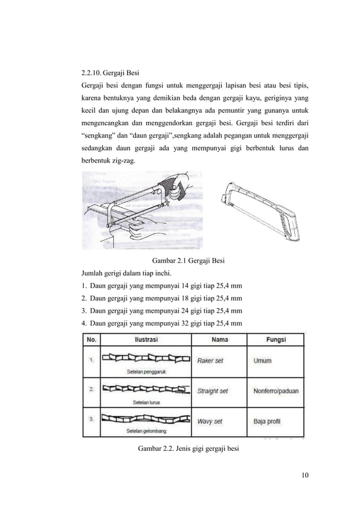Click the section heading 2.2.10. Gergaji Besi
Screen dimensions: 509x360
(x=111, y=73)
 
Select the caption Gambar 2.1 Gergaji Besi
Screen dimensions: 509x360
(x=194, y=261)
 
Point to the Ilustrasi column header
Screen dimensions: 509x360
(x=146, y=340)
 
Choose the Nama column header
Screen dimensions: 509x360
(x=219, y=340)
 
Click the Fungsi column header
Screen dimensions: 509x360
(x=276, y=340)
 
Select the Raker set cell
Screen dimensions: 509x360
(x=212, y=361)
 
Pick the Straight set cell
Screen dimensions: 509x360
(x=213, y=390)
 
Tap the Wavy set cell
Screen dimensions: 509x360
(x=210, y=420)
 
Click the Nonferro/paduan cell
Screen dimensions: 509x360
(x=276, y=390)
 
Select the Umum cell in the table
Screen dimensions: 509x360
(x=262, y=361)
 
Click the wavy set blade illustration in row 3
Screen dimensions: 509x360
(x=146, y=419)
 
